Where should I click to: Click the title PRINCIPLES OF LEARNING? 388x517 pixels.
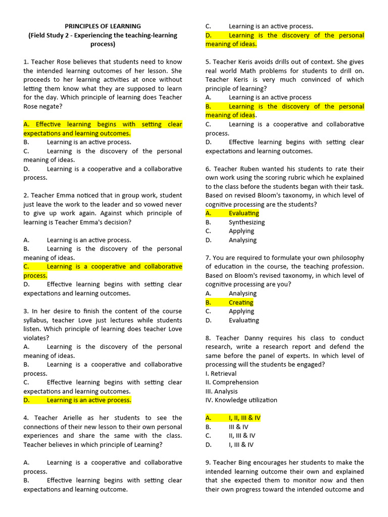pyautogui.click(x=103, y=26)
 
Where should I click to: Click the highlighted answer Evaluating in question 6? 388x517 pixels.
pyautogui.click(x=244, y=213)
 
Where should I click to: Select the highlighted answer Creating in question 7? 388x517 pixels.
pyautogui.click(x=241, y=302)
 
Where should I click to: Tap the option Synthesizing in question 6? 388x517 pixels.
pyautogui.click(x=247, y=222)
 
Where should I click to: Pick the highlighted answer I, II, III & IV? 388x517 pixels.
pyautogui.click(x=245, y=418)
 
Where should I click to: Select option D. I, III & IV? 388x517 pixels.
pyautogui.click(x=241, y=445)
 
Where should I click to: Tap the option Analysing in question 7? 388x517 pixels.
pyautogui.click(x=243, y=293)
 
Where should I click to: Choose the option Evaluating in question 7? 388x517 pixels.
pyautogui.click(x=244, y=320)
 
